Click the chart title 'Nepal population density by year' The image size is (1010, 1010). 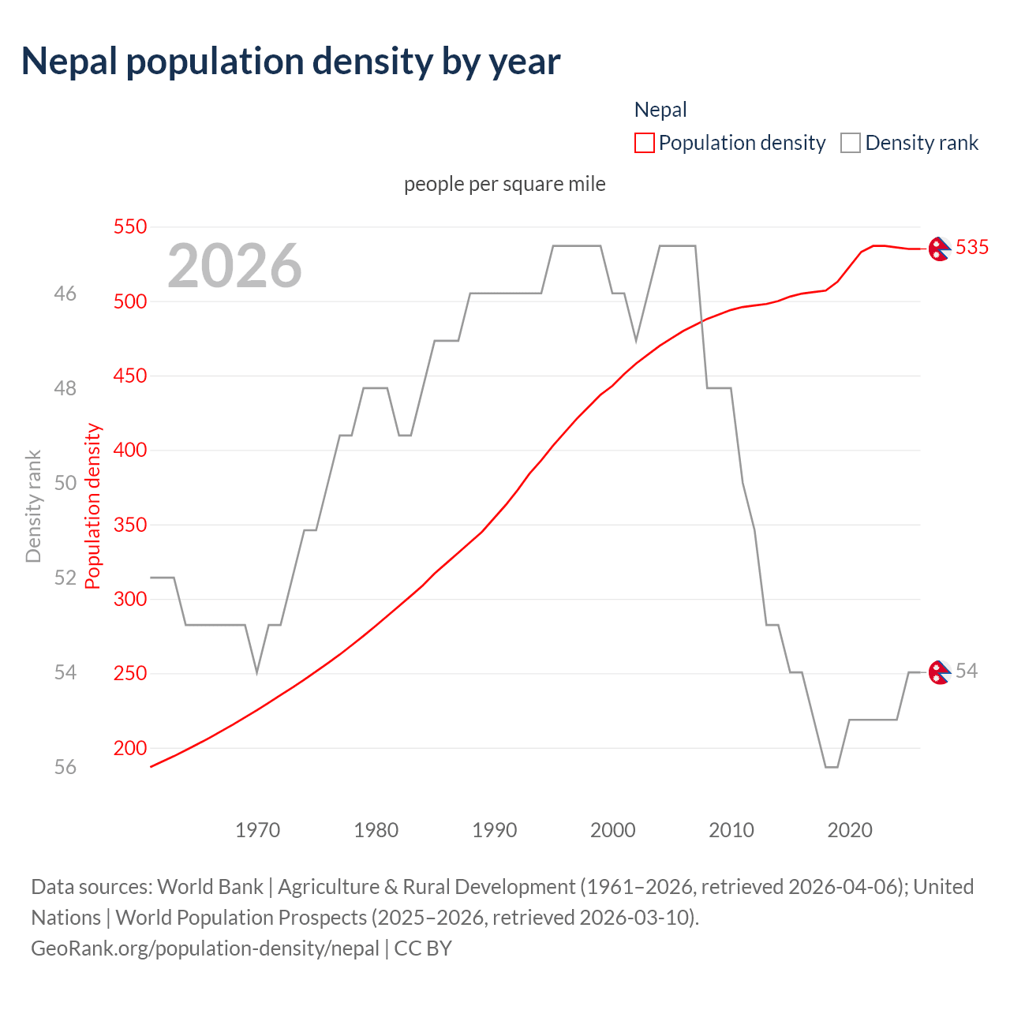290,62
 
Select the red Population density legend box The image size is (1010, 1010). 644,143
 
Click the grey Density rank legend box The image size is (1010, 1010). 850,143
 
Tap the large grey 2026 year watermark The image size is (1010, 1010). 234,266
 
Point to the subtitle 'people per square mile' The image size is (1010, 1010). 504,184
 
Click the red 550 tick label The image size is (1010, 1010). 130,227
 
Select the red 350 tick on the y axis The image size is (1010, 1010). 130,525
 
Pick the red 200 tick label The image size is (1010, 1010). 130,748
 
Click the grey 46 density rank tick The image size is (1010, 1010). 65,294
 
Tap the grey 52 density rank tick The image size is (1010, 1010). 65,578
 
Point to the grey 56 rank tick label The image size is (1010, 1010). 65,767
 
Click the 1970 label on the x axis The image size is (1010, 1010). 257,830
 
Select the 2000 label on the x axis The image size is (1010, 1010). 612,830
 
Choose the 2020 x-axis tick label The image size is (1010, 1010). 849,830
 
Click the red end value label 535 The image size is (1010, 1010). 971,248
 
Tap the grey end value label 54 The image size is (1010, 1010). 966,671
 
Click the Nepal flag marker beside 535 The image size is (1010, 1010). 938,249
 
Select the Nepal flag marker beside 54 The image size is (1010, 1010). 938,672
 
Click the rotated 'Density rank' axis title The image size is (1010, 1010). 33,506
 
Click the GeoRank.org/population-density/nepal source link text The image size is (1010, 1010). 205,948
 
